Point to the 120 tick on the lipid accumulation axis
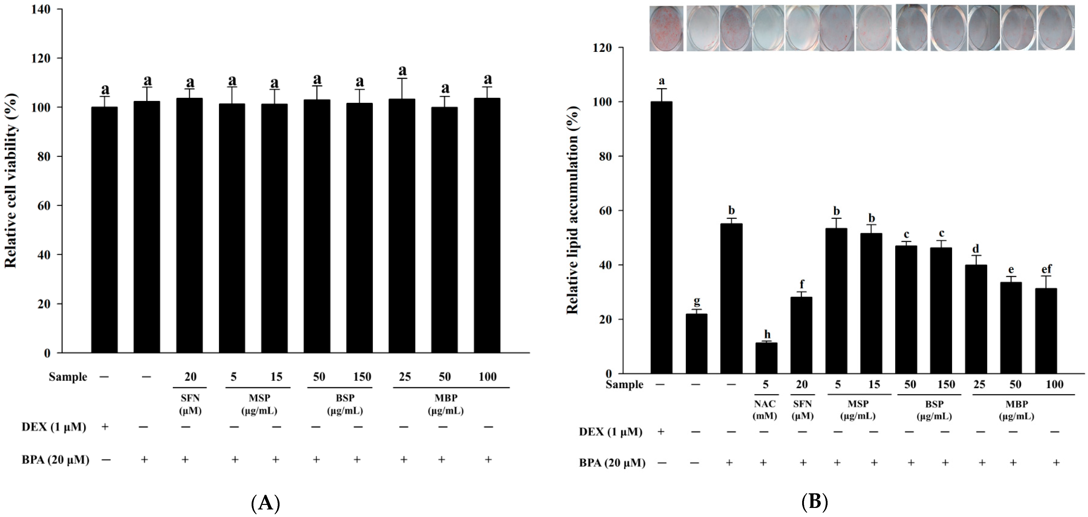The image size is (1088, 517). tap(602, 48)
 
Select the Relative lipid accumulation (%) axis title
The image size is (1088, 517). tap(572, 210)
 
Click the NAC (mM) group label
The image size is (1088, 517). tap(765, 410)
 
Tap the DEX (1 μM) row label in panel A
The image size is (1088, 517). tap(54, 427)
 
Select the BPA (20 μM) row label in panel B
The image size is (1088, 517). tap(612, 463)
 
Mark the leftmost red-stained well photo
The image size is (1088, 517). tap(666, 28)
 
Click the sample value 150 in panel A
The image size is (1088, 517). tap(362, 377)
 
